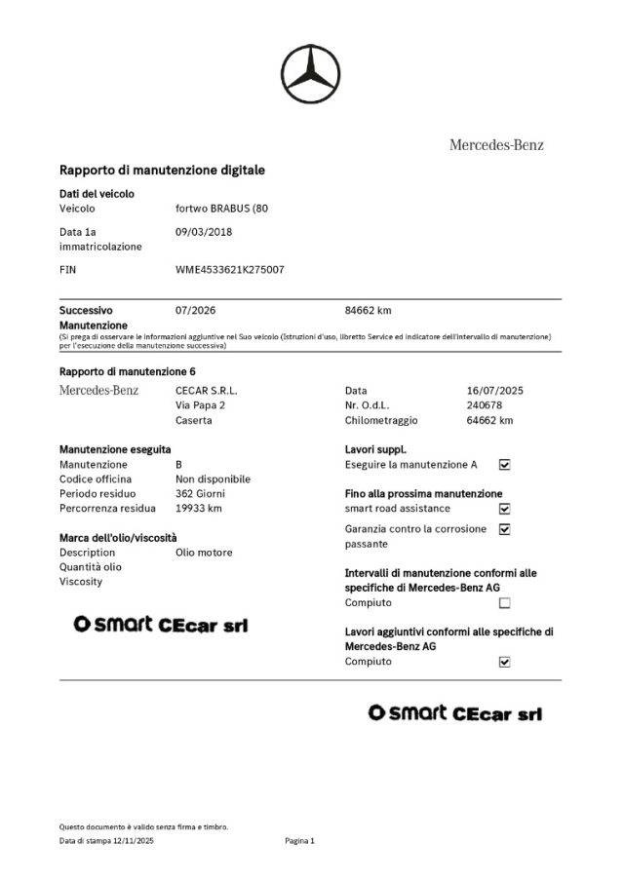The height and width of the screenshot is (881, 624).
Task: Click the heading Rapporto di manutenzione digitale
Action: (162, 170)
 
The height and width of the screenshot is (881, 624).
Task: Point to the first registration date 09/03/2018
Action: (203, 232)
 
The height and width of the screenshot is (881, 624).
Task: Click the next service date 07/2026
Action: (195, 311)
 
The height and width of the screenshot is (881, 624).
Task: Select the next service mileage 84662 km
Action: (369, 311)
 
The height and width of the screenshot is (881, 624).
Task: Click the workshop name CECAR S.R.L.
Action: (206, 390)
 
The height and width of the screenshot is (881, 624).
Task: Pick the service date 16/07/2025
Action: (495, 390)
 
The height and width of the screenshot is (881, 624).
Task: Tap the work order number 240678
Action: (485, 405)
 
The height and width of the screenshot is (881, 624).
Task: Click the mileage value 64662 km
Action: (490, 421)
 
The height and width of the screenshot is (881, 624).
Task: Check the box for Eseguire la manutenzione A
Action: (504, 465)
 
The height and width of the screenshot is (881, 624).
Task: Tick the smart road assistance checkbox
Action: (504, 509)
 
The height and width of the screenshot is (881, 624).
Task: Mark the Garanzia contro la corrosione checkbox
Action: (504, 529)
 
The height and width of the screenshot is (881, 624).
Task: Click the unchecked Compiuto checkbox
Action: (504, 603)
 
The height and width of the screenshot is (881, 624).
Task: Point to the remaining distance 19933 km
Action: (198, 509)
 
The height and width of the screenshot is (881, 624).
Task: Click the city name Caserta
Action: (193, 421)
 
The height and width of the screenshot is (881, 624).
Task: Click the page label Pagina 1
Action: (300, 840)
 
